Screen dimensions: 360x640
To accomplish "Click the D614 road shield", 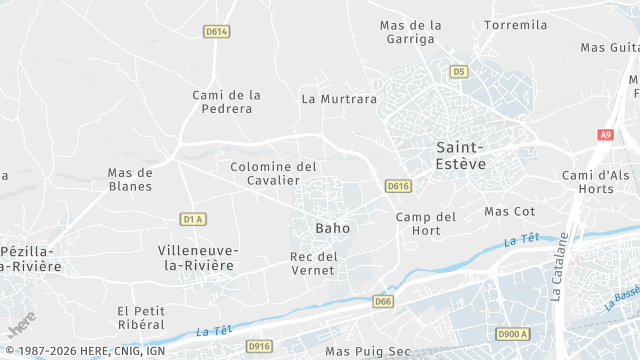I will point(216,32).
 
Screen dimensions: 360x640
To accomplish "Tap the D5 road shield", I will point(459,71).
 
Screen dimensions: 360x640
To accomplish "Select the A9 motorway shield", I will point(605,134).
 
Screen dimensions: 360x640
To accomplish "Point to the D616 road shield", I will point(398,186).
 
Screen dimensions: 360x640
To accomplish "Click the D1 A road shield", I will point(194,219).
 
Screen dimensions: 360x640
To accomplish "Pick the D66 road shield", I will point(383,301).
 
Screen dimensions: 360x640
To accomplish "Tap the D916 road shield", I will point(259,346).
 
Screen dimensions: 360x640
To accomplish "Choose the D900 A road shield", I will point(512,334).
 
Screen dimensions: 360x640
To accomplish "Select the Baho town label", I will point(333,228).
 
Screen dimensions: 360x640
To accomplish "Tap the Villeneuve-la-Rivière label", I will point(198,257).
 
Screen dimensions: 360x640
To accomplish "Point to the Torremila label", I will point(516,24).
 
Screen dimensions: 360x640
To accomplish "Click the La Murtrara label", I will point(339,99).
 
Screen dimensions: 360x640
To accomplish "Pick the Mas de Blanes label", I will point(130,179).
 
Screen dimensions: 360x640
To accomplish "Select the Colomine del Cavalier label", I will point(273,173).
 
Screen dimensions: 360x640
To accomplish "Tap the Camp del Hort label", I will point(426,224).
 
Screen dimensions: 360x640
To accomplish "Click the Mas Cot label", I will point(510,211).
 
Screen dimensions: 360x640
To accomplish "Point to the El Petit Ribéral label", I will point(140,317).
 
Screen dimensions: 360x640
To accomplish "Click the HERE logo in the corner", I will point(22,323).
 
